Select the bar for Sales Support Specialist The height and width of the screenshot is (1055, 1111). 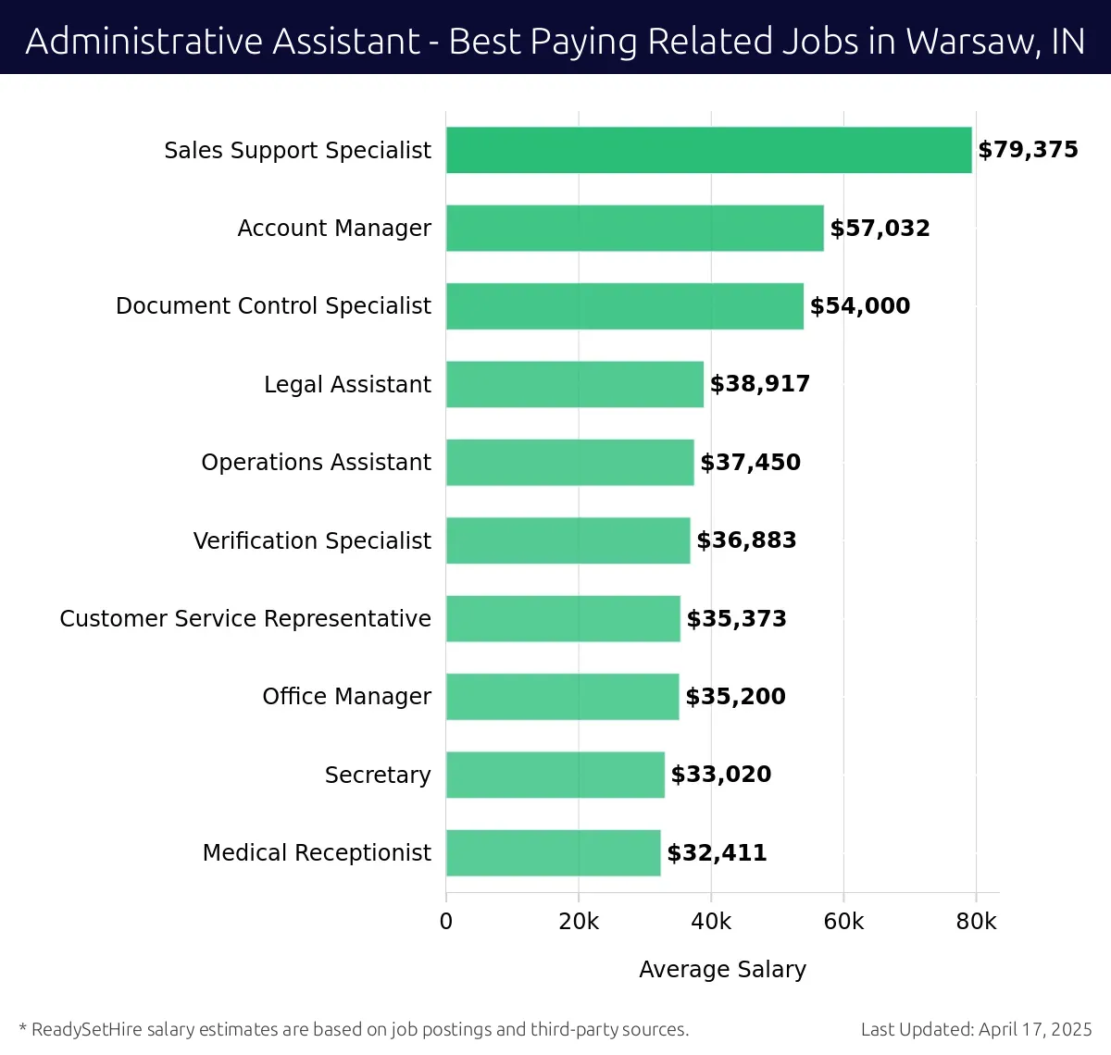(708, 150)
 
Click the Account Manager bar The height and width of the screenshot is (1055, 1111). (634, 229)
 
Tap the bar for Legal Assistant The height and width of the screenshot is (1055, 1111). (574, 384)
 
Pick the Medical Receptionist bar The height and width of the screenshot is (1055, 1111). (553, 853)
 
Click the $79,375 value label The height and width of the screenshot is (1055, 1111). (1028, 150)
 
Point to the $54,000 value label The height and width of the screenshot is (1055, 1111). (859, 306)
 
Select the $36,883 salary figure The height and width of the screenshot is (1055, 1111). (746, 540)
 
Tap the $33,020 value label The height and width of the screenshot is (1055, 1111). (720, 775)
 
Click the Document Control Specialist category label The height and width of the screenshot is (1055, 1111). (273, 306)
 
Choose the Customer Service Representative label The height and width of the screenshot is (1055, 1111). (245, 618)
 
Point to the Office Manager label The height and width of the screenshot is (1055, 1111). (346, 697)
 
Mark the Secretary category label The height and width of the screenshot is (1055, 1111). (378, 775)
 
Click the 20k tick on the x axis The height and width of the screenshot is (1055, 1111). (579, 922)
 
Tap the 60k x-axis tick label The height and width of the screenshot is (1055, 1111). (843, 922)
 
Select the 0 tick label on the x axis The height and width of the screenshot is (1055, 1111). (446, 922)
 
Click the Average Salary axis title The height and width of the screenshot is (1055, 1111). (722, 969)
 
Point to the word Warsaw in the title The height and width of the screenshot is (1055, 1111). (967, 42)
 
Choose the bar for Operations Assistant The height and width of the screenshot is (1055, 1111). (569, 463)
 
